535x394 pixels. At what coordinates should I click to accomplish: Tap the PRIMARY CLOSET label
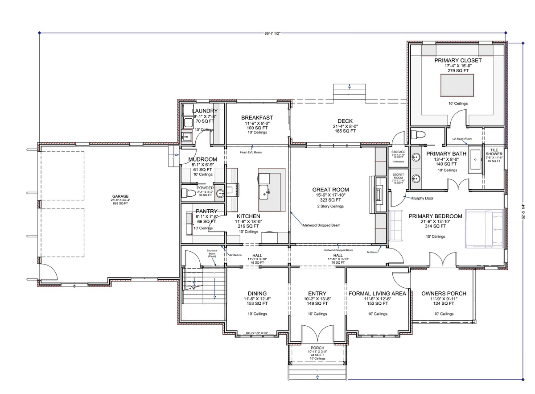pos(458,60)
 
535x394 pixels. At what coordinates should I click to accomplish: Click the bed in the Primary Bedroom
pos(485,228)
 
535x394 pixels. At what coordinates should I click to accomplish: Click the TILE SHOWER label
pos(494,152)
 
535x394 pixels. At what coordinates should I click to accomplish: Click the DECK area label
pos(345,121)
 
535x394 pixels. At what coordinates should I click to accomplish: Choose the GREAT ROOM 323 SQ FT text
pos(330,200)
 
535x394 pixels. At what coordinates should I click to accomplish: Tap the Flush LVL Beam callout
pos(251,152)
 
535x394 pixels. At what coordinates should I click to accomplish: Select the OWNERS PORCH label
pos(444,294)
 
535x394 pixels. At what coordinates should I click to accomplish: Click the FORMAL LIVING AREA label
pos(377,294)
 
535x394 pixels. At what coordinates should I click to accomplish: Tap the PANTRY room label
pos(206,211)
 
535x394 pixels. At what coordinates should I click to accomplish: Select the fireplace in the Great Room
pos(378,194)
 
